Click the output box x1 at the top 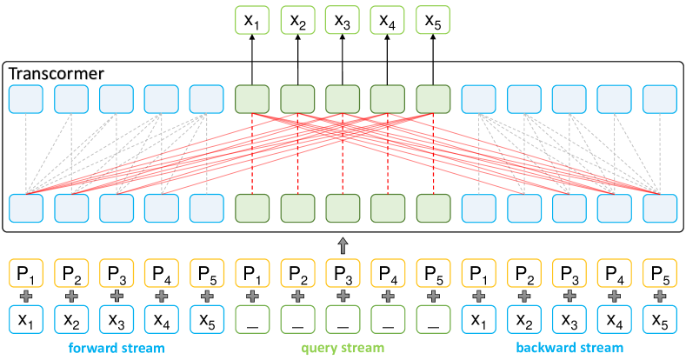tap(252, 20)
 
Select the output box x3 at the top tap(343, 20)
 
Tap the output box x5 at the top tap(433, 20)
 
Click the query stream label tap(343, 348)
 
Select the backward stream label tap(569, 348)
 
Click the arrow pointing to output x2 tap(297, 60)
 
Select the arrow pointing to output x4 tap(388, 60)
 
